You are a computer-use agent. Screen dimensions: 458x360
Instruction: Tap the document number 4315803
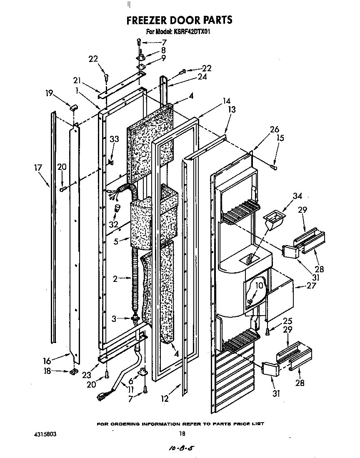click(44, 434)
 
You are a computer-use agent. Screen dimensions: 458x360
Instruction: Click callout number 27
click(311, 286)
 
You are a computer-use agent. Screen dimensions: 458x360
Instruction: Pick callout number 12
click(165, 399)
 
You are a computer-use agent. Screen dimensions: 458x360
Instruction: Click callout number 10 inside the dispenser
click(259, 286)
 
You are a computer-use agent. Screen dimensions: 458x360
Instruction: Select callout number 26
click(274, 129)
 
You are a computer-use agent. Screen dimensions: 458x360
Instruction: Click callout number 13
click(232, 110)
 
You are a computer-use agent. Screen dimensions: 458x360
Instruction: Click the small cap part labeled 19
click(74, 108)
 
